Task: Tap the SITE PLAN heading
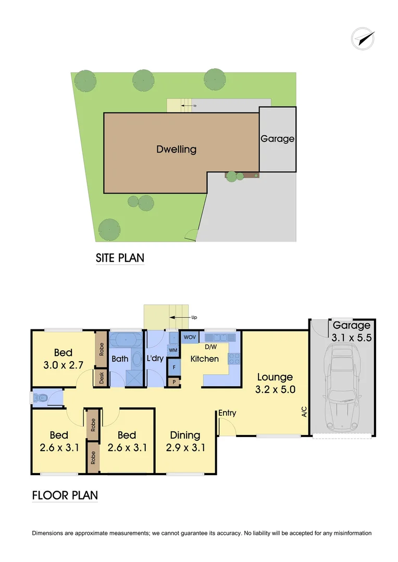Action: pos(120,258)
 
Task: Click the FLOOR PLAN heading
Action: pos(65,495)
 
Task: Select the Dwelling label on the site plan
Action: pos(177,149)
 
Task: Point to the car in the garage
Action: pos(342,388)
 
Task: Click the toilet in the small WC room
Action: pos(41,399)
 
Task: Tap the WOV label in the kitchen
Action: pos(190,337)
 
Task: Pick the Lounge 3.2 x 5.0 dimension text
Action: pos(274,382)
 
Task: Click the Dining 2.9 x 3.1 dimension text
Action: pos(185,441)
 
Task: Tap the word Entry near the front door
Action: pos(227,413)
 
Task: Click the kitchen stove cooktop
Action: pos(233,359)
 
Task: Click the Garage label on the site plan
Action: pos(277,139)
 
